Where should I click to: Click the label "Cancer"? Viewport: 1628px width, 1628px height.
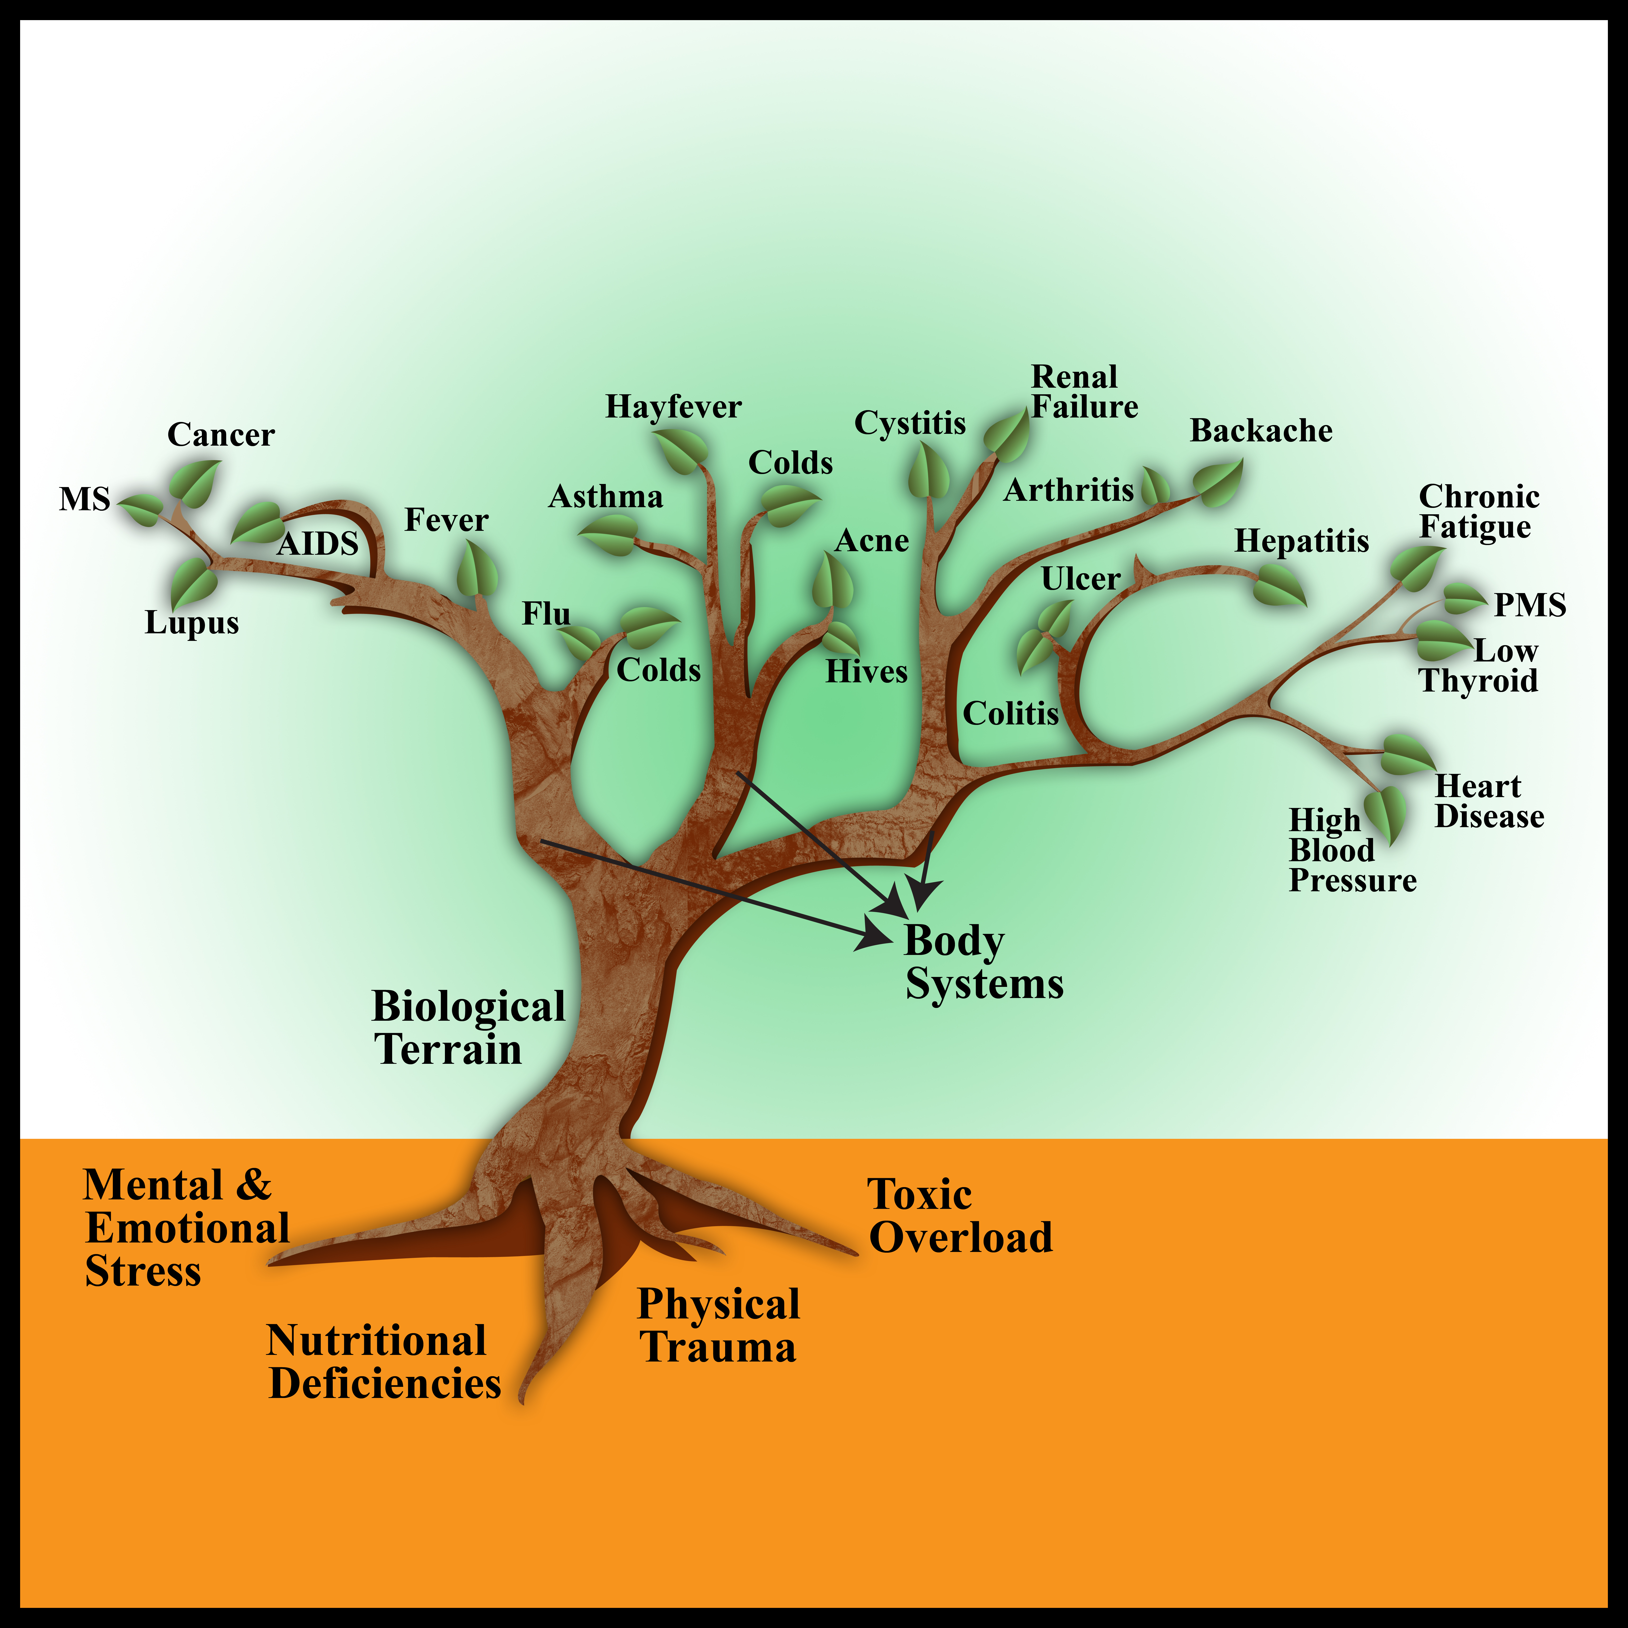(221, 435)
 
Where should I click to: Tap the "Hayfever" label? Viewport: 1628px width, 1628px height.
(673, 407)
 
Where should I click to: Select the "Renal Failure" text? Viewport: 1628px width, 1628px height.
(1084, 392)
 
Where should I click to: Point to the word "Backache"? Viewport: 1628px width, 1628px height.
(1261, 430)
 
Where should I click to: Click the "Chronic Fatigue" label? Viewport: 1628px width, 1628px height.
(1479, 511)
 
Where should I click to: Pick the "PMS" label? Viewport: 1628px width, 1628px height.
(1529, 605)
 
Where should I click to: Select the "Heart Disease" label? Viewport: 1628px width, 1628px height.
(1489, 801)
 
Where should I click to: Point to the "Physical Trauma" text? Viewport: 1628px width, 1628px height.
(718, 1326)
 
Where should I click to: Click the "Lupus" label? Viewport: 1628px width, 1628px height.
(192, 623)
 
